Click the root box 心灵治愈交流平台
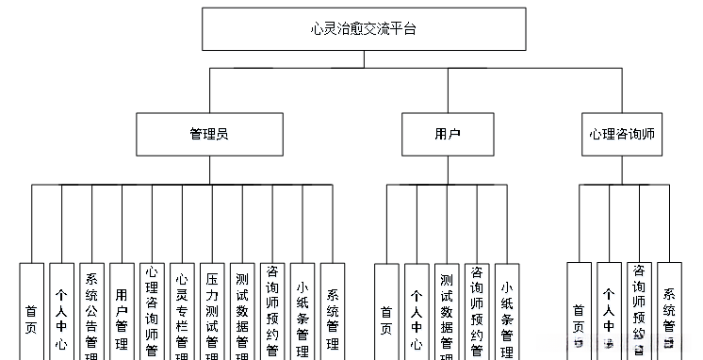coord(363,29)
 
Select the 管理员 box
coord(209,134)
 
